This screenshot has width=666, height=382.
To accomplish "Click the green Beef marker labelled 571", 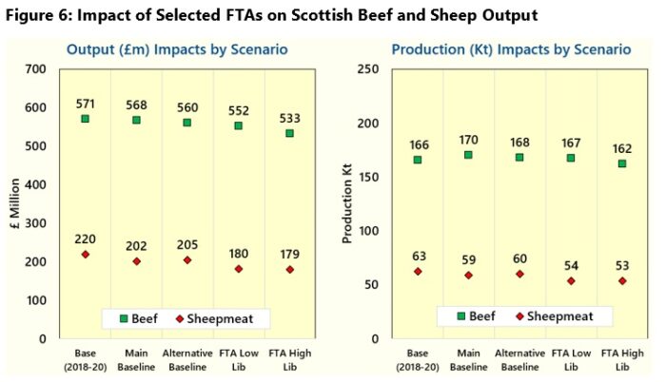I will coord(85,119).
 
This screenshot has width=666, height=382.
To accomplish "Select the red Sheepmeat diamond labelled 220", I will coord(85,255).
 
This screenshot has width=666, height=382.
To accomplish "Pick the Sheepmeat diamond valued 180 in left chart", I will coord(239,269).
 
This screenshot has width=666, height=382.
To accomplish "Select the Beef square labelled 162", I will coord(622,163).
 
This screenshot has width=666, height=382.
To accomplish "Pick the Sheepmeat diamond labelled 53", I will coord(622,281).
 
